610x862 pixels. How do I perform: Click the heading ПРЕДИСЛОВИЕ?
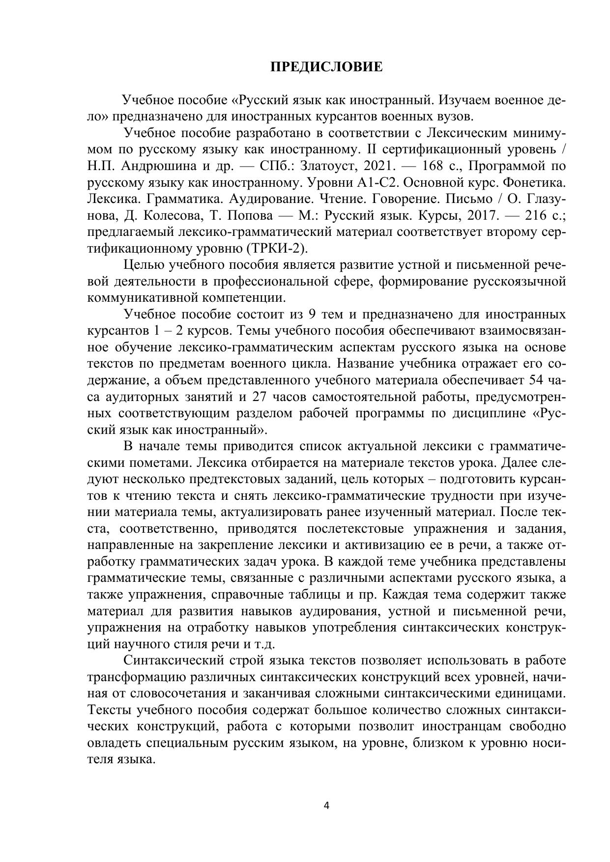[326, 67]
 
